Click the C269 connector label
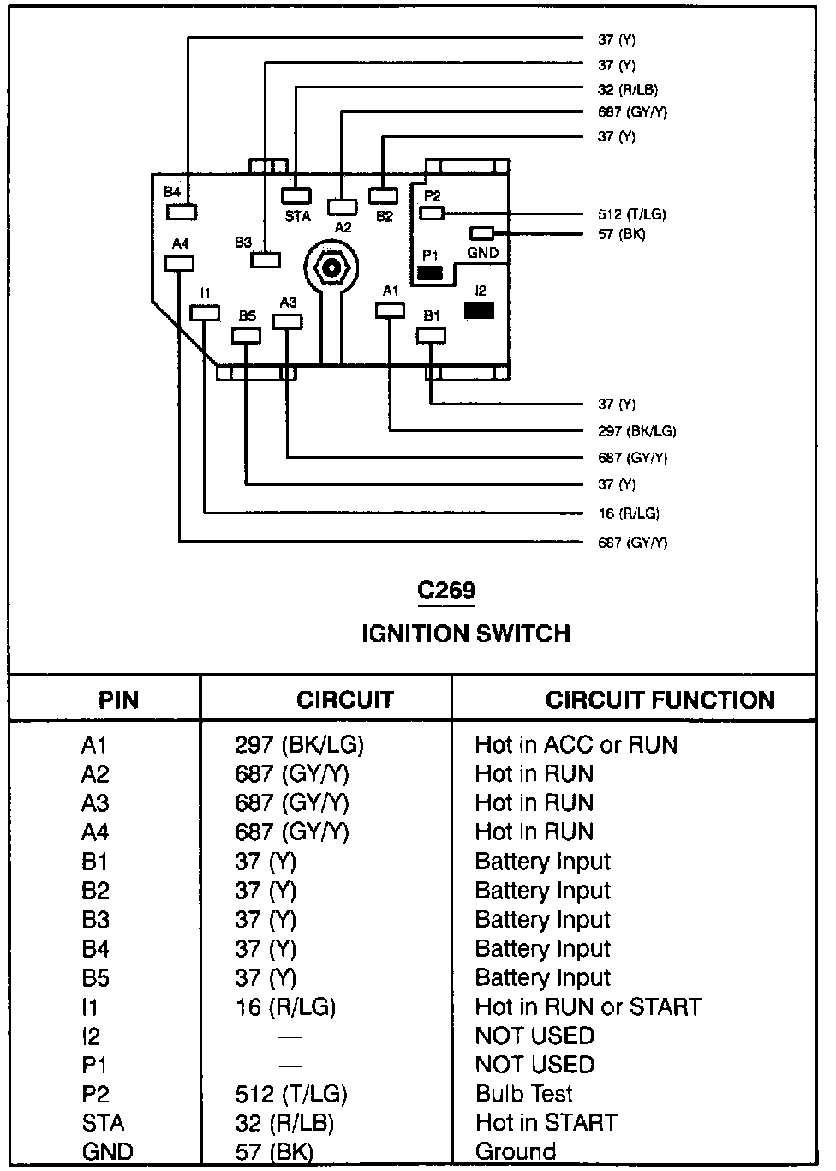(x=446, y=591)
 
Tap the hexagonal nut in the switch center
(x=330, y=267)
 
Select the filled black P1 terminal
(x=430, y=274)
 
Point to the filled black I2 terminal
(x=479, y=309)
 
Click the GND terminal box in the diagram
(x=483, y=233)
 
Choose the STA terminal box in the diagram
(x=296, y=195)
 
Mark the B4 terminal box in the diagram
(x=182, y=211)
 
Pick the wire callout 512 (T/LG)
(x=631, y=214)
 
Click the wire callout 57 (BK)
(x=621, y=234)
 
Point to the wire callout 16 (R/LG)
(x=628, y=513)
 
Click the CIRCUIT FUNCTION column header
(x=660, y=700)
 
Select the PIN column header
(x=118, y=700)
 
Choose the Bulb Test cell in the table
(x=524, y=1094)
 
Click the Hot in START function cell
(x=546, y=1123)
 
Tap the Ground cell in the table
(x=516, y=1151)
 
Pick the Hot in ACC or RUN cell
(x=576, y=745)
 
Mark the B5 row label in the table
(x=95, y=978)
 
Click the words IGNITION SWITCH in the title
(x=465, y=634)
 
